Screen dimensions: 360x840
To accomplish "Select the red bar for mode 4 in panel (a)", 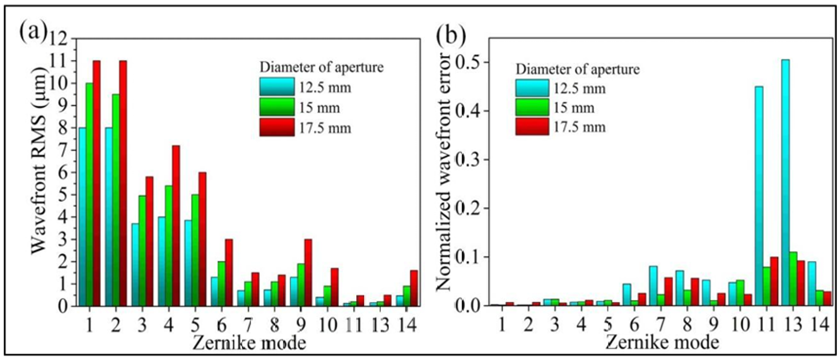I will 176,226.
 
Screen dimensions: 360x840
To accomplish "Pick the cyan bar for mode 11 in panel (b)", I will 759,196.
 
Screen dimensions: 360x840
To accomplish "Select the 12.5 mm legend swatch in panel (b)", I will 532,88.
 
